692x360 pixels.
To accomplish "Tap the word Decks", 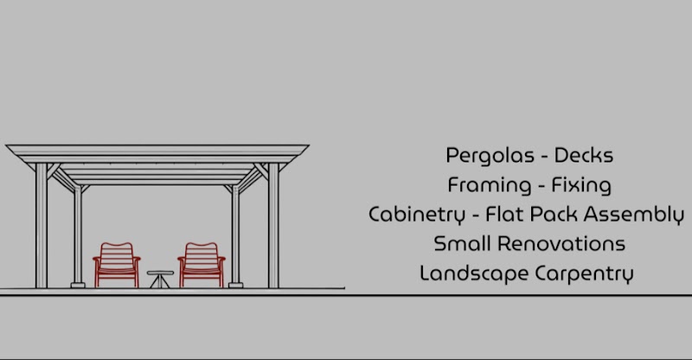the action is tap(583, 155).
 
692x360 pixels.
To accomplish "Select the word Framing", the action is tap(490, 185).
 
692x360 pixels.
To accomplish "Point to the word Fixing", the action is tap(581, 185).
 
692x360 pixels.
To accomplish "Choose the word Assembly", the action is tap(634, 215).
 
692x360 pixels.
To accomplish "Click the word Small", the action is tap(463, 243).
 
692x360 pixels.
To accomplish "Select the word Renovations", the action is tap(561, 243).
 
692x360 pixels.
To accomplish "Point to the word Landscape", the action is tap(474, 273).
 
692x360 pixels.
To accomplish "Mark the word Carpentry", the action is tap(585, 273).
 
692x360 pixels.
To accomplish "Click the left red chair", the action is tap(117, 265).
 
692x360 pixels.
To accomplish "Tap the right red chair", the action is tap(202, 265).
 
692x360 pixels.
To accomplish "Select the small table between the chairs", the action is tap(160, 279).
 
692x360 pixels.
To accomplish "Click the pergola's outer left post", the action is tap(42, 225).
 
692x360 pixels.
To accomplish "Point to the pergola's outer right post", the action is tap(273, 225).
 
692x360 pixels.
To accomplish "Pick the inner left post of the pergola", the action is tap(78, 237).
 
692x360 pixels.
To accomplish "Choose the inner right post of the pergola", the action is tap(235, 237).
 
